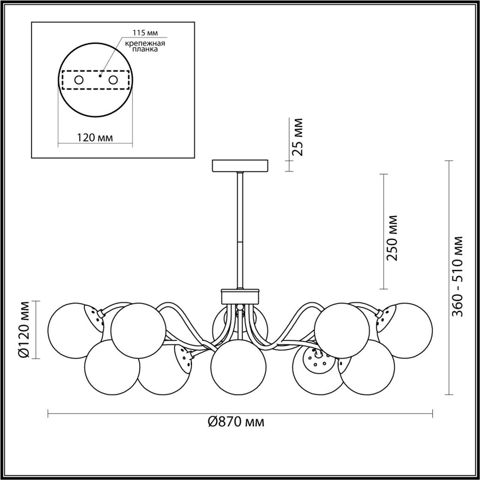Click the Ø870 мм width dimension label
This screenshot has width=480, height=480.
(236, 422)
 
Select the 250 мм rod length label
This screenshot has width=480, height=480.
(393, 238)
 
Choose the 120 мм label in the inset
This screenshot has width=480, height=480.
(95, 138)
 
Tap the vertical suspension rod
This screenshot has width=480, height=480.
(240, 230)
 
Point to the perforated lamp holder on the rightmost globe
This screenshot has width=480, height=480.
(385, 317)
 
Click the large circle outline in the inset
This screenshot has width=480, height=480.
(96, 45)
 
